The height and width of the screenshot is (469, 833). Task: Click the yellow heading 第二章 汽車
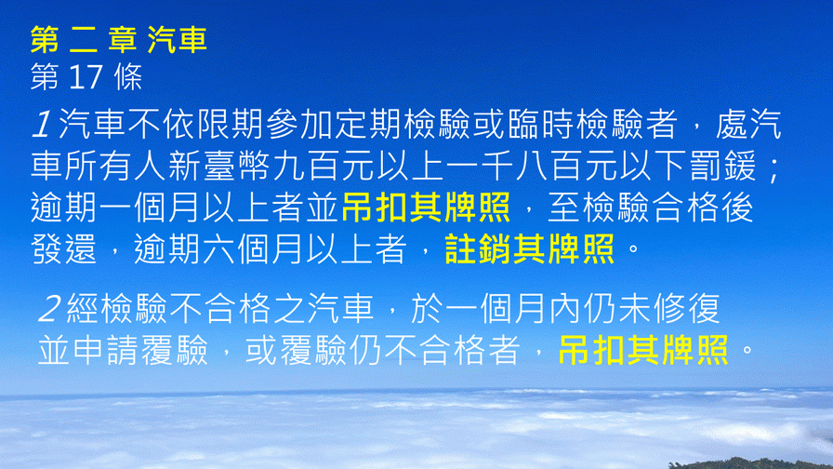point(118,39)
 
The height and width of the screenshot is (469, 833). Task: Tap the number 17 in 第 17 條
point(86,77)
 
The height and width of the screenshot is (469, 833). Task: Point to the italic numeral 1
point(42,125)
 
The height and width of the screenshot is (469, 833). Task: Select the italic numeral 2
point(49,309)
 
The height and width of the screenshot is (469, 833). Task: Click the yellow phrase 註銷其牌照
point(530,248)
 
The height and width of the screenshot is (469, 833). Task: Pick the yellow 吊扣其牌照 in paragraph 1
point(426,208)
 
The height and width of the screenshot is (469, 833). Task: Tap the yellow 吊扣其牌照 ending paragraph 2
point(642,350)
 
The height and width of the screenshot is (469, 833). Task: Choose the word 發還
point(64,248)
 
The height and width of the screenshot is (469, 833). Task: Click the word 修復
point(687,309)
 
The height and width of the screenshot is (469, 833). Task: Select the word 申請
point(107,350)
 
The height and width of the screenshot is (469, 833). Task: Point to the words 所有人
point(116,166)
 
